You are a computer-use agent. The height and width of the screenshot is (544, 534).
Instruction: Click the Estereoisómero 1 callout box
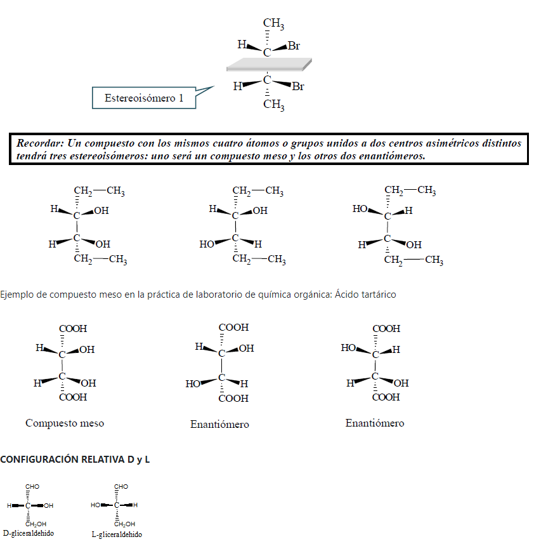[143, 98]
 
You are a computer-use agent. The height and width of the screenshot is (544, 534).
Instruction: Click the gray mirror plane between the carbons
[269, 64]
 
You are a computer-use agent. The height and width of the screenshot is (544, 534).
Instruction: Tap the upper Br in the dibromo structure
[294, 46]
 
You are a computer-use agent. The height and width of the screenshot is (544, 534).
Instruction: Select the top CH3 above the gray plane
[273, 24]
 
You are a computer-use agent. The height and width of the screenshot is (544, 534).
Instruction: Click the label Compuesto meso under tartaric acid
[65, 423]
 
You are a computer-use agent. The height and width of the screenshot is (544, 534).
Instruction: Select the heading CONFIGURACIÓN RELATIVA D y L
[75, 460]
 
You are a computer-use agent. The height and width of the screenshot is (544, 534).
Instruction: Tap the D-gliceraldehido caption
[28, 533]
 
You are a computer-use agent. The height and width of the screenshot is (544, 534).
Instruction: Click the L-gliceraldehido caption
[117, 534]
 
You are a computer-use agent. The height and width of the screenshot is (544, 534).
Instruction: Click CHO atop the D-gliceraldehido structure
[32, 486]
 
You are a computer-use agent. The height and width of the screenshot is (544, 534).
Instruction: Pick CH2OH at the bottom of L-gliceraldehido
[124, 524]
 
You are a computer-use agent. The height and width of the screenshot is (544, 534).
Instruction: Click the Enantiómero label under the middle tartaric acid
[219, 424]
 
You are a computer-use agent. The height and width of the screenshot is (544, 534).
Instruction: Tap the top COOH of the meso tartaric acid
[73, 329]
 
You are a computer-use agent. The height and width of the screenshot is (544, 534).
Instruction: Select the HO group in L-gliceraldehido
[96, 505]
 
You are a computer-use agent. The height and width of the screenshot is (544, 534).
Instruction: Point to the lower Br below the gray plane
[297, 87]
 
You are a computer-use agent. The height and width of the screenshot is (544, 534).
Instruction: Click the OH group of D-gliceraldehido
[49, 505]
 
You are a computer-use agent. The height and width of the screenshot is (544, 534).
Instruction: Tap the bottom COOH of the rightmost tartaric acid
[386, 397]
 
